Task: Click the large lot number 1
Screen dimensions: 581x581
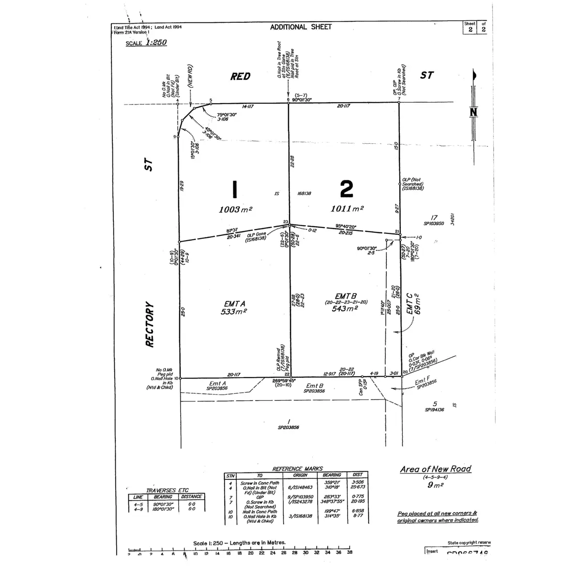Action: pos(234,189)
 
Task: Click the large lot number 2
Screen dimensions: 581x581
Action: pos(346,189)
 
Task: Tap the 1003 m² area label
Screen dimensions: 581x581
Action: pos(235,209)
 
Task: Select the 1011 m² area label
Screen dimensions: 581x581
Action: pos(347,209)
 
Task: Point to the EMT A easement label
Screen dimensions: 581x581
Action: pos(235,304)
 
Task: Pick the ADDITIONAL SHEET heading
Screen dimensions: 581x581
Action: pos(301,27)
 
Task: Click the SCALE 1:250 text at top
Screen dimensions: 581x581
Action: pos(146,43)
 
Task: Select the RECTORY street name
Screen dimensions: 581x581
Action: pos(150,324)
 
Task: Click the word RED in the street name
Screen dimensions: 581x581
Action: pos(240,76)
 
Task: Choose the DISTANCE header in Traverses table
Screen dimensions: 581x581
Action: pos(192,497)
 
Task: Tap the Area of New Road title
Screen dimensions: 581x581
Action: pos(435,469)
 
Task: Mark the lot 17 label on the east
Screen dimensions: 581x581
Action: pos(434,218)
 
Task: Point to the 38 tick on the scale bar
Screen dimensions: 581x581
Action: pos(350,552)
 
